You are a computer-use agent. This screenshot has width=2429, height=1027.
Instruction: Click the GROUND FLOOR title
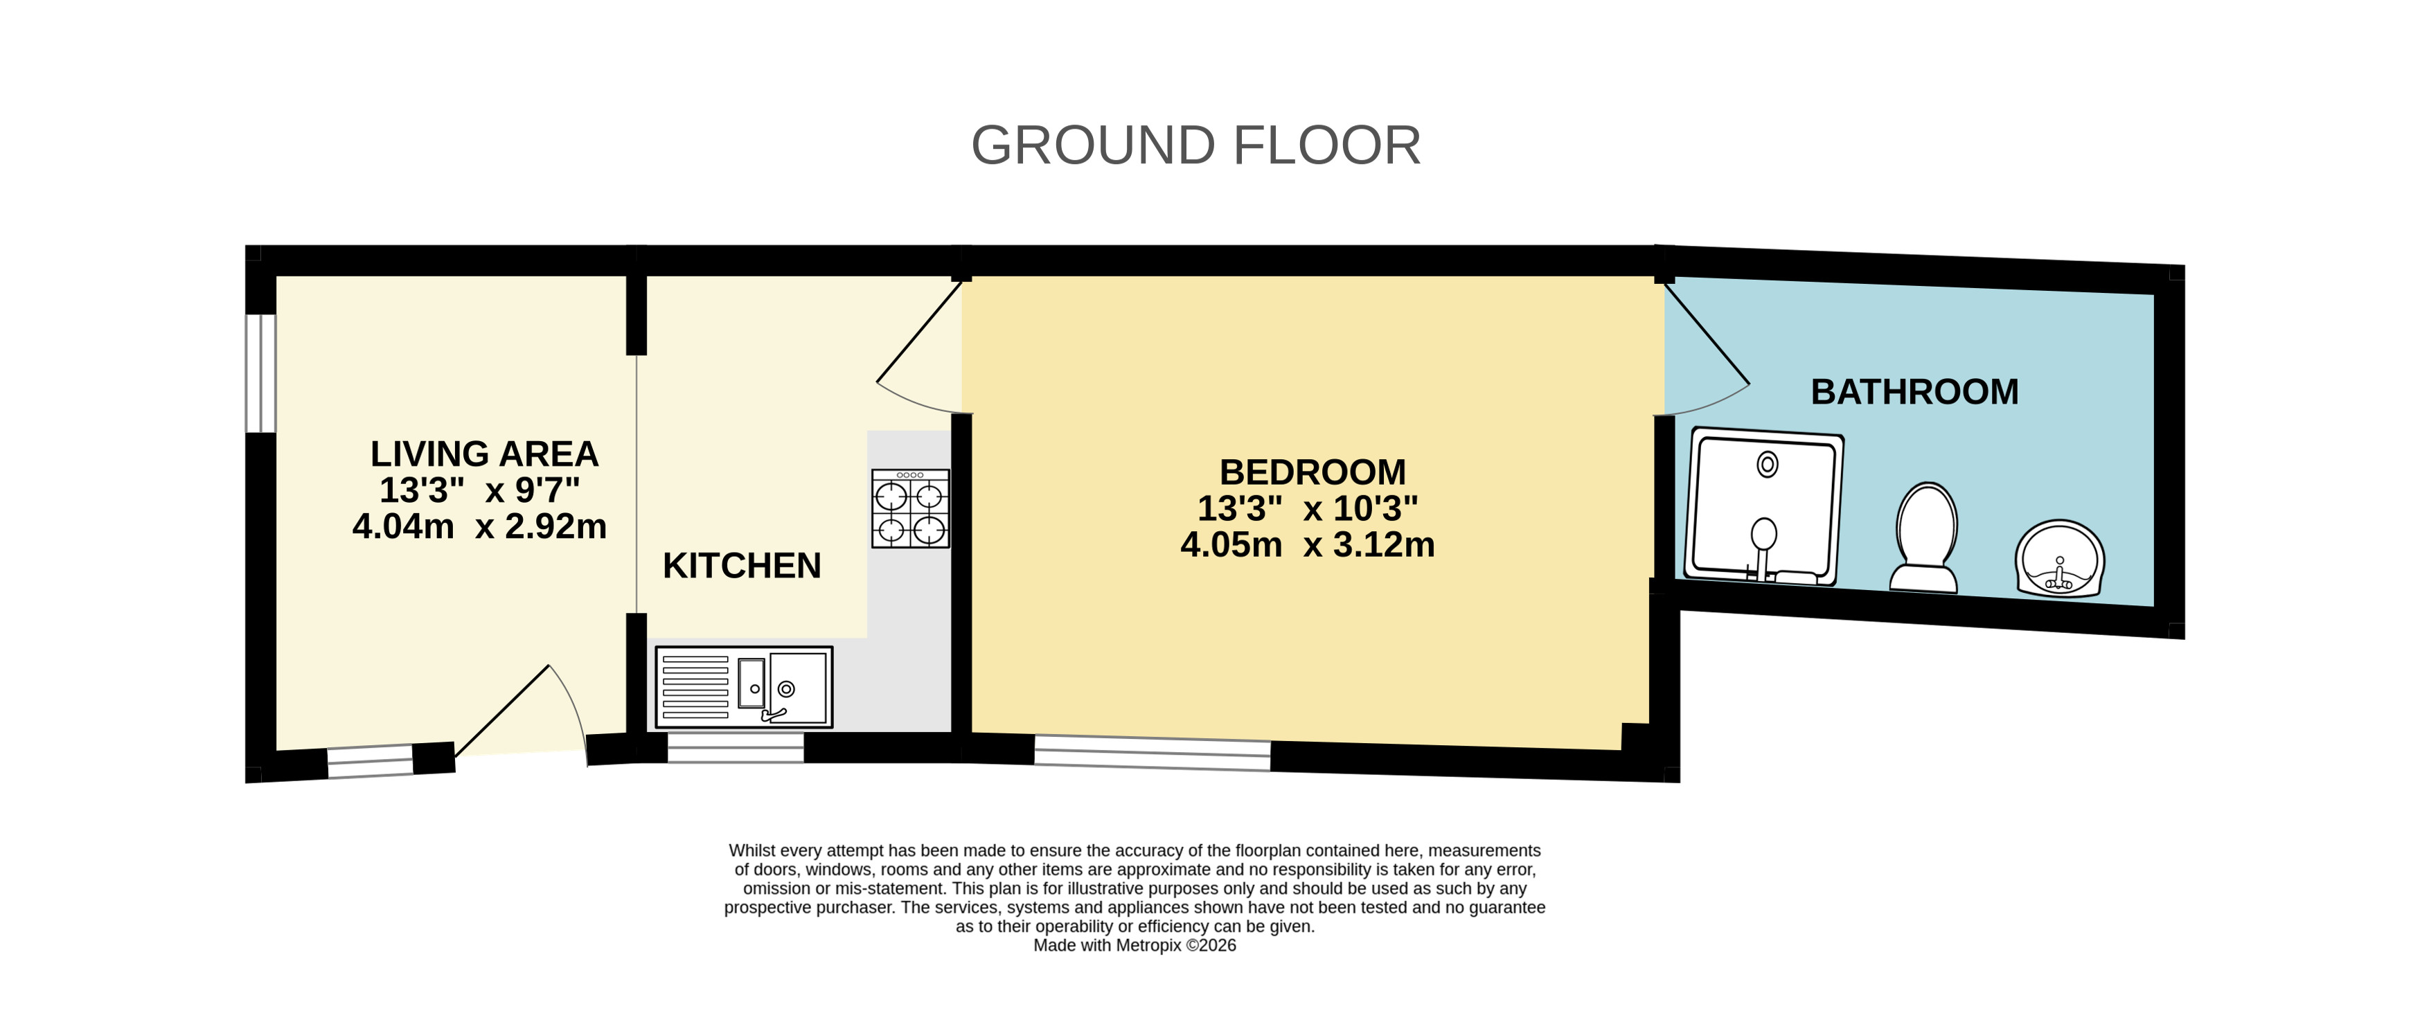(x=1195, y=145)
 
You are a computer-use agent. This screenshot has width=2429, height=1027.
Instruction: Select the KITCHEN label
(x=742, y=566)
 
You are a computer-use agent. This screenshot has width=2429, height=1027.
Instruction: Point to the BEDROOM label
(x=1313, y=472)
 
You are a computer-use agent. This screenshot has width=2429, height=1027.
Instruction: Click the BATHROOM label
(x=1915, y=391)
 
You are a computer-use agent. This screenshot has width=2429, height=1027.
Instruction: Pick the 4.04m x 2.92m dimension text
(x=480, y=526)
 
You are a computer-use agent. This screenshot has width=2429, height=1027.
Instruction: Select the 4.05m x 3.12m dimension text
(x=1308, y=544)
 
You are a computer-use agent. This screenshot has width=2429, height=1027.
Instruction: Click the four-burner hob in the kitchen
(x=910, y=508)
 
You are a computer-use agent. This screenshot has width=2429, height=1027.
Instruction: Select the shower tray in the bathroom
(x=1763, y=506)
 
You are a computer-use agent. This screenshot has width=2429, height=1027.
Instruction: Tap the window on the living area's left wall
(x=261, y=373)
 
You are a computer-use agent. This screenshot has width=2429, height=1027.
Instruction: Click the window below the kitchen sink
(x=736, y=747)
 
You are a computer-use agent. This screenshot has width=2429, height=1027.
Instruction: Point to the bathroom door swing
(x=1707, y=349)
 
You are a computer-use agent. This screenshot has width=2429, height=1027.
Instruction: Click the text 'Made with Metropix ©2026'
(x=1135, y=945)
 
